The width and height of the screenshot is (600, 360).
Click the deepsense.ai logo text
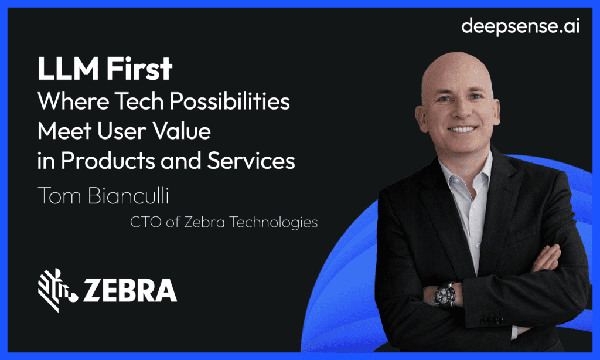pos(520,26)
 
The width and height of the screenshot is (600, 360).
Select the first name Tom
pos(57,196)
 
